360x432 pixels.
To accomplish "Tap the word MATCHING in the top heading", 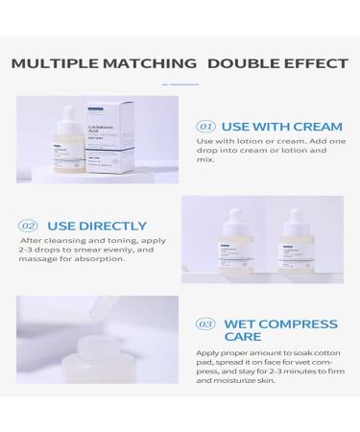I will point(157,64).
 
